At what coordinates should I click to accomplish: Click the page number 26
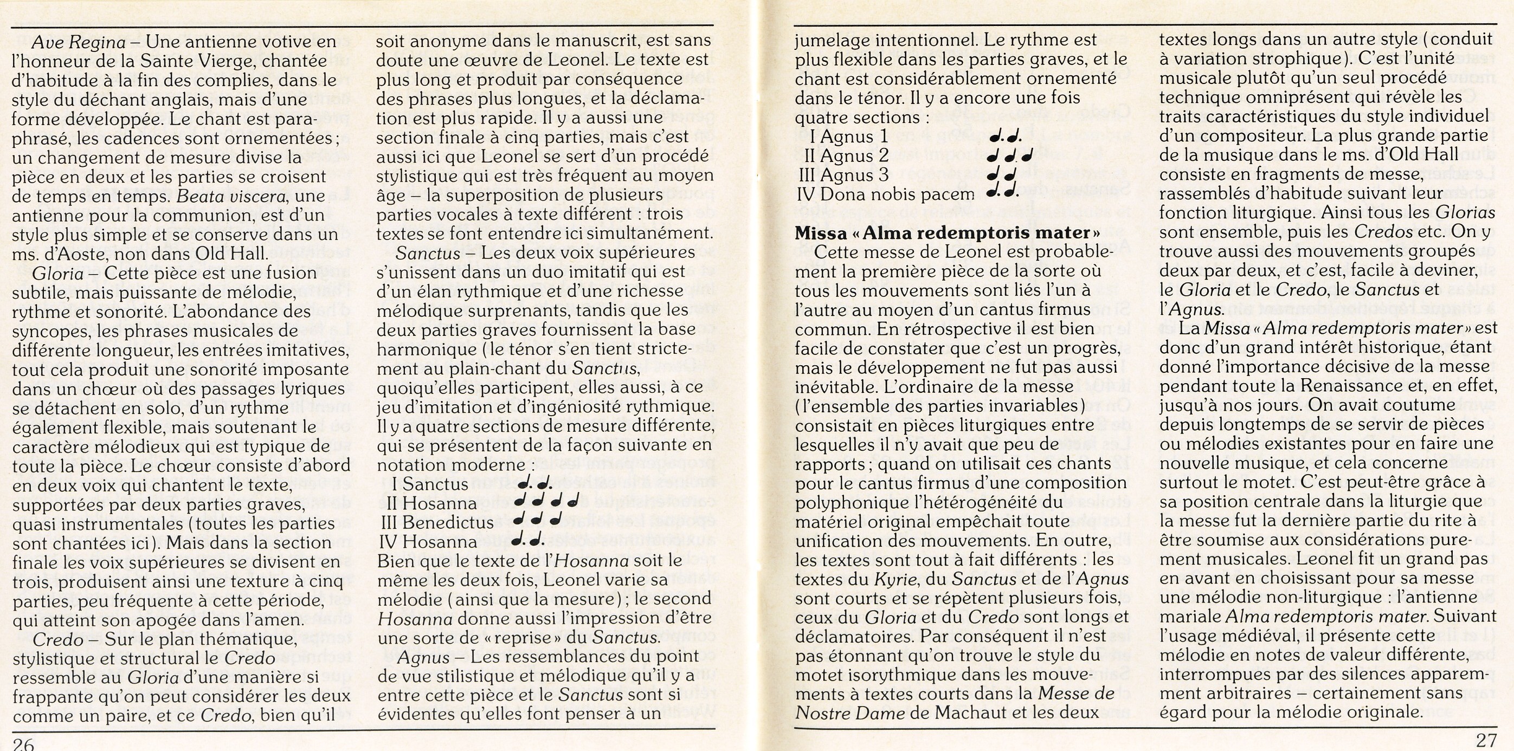pyautogui.click(x=23, y=744)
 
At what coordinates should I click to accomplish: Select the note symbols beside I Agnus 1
pyautogui.click(x=1005, y=138)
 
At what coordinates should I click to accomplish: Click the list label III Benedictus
pyautogui.click(x=437, y=522)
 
